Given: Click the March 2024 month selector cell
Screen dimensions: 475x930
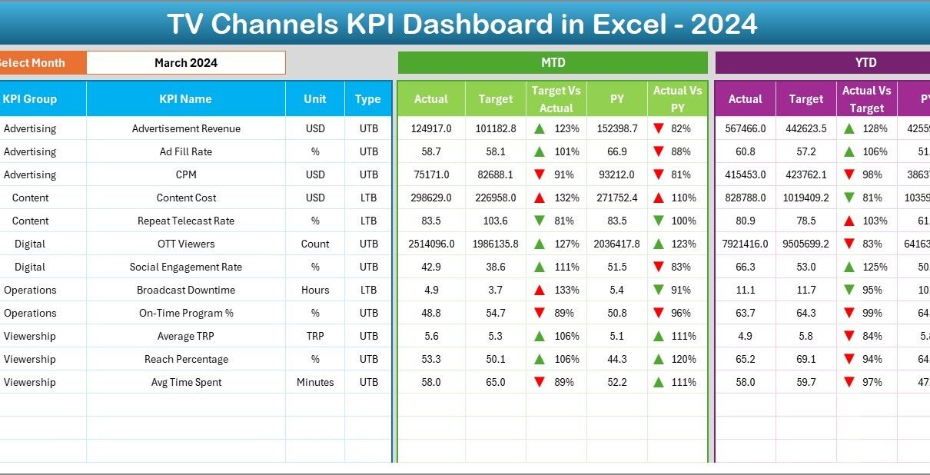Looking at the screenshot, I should point(185,63).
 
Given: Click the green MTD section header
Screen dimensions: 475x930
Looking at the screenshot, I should point(553,63).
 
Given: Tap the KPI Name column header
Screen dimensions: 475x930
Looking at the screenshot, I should point(185,99).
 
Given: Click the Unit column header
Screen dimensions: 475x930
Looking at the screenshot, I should point(315,99).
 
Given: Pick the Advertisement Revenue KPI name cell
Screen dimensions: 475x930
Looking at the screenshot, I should point(186,128).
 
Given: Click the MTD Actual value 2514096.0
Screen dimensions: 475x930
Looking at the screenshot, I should point(431,244).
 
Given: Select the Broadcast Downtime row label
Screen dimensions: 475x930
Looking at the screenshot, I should point(186,290).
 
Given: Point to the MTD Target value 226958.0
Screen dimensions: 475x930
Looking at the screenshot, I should point(496,198).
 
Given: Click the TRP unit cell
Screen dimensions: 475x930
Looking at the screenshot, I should point(315,336).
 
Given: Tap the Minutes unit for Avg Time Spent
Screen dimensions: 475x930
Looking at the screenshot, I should point(315,382).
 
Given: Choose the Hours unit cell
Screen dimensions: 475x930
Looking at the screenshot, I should point(315,290).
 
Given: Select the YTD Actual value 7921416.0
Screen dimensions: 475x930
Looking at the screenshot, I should point(745,244).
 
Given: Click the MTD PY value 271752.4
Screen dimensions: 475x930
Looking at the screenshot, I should point(616,198).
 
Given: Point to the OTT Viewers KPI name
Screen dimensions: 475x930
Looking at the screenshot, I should point(186,244).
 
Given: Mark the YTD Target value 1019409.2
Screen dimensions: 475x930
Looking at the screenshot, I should point(805,198).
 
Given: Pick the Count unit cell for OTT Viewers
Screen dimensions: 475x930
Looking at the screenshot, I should point(315,244).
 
